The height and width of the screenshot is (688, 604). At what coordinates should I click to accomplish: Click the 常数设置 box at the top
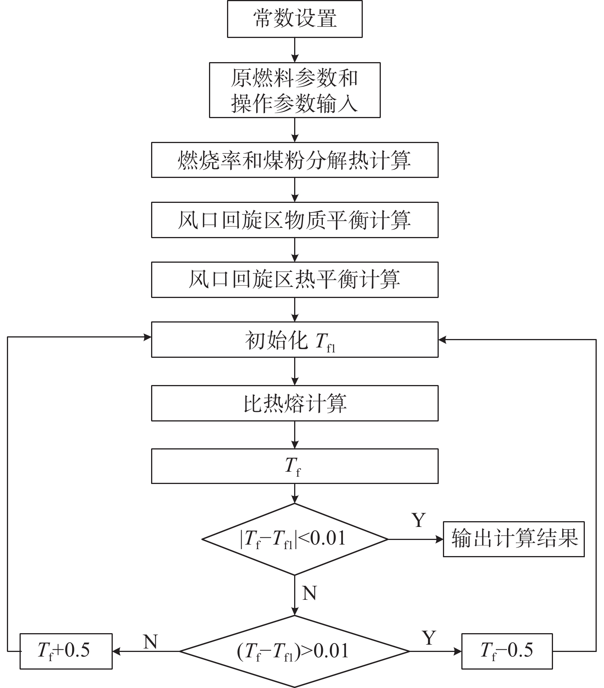(295, 19)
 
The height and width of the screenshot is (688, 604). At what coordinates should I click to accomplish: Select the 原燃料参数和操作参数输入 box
(295, 90)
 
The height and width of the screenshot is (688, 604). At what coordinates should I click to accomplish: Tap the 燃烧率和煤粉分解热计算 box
(295, 160)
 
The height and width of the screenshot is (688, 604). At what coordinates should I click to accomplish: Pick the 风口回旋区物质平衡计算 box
(295, 220)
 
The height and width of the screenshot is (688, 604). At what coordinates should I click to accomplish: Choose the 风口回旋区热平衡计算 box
(295, 280)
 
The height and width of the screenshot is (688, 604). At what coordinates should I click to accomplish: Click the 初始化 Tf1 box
(295, 340)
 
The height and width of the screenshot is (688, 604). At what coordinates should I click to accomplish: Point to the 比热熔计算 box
(295, 403)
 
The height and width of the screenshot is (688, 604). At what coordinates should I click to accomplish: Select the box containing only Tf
(295, 466)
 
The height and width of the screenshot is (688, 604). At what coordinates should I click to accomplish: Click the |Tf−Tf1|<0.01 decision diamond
(295, 539)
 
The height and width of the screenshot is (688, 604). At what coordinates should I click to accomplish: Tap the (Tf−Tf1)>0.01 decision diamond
(295, 651)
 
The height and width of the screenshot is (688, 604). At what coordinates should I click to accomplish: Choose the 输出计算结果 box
(514, 539)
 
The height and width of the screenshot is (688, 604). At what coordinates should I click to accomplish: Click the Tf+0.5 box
(66, 651)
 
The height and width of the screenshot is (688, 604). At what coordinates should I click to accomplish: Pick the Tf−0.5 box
(507, 651)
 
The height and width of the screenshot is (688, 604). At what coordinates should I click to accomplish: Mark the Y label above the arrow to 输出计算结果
(419, 520)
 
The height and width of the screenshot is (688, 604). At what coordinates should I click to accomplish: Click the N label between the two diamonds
(309, 593)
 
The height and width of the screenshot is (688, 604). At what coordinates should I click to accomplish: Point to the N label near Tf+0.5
(150, 641)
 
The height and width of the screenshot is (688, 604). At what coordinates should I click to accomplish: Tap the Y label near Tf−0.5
(429, 638)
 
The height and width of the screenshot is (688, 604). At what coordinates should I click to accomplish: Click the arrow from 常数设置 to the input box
(295, 50)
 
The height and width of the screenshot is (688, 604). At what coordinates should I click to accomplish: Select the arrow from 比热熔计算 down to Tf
(295, 435)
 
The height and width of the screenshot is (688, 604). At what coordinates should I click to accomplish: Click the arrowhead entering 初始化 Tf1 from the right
(443, 339)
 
